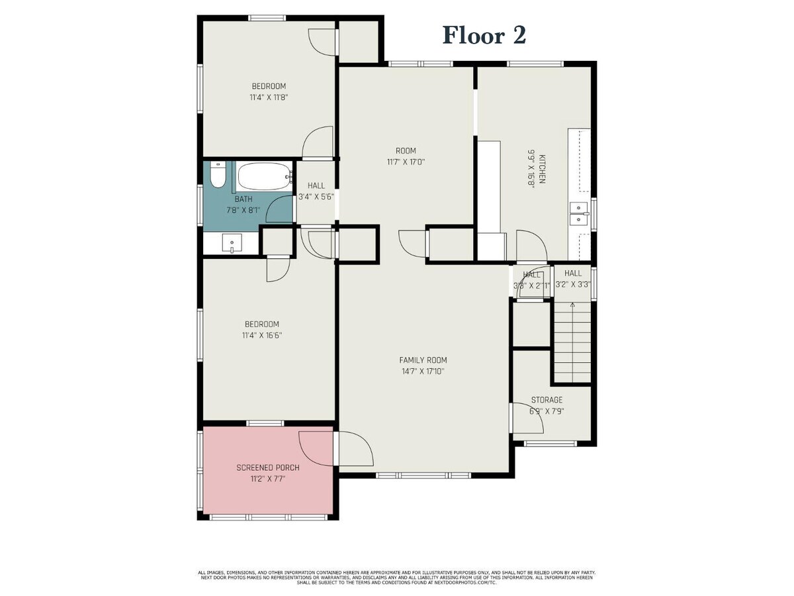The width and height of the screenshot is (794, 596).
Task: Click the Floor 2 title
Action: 484,35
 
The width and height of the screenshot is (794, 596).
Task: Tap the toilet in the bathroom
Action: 217,177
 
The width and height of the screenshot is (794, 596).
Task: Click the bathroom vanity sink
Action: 232,244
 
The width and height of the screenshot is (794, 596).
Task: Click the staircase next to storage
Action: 572,342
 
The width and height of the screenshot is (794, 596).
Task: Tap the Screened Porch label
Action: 268,468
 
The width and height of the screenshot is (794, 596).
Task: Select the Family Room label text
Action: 423,360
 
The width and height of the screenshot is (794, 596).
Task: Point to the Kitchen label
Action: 542,169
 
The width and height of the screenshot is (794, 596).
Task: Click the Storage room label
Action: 547,400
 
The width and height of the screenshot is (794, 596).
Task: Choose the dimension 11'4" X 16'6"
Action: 262,335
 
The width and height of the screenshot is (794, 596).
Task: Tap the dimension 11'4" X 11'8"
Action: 269,97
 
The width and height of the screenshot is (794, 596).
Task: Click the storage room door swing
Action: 527,419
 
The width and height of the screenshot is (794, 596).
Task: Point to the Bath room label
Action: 243,199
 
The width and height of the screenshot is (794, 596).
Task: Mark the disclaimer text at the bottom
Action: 397,577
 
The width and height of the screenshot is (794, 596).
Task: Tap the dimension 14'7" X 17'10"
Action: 423,372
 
